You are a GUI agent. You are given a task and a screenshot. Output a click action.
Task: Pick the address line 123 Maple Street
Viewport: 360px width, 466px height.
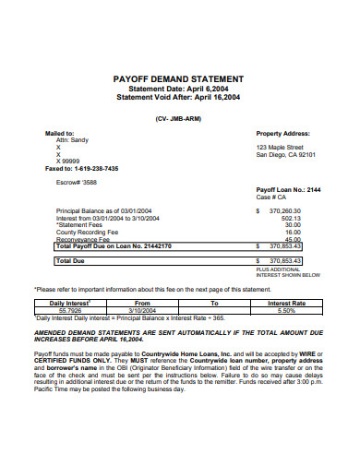[279, 147]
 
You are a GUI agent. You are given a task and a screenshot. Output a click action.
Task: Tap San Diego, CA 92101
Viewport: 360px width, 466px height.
[286, 154]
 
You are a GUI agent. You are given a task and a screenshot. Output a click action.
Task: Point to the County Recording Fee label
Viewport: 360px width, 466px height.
[89, 233]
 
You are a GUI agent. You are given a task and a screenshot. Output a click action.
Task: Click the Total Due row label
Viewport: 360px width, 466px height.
[70, 261]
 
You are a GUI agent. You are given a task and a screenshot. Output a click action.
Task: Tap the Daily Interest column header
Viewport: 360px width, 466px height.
[69, 303]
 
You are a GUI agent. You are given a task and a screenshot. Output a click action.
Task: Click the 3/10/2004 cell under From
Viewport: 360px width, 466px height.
[142, 310]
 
